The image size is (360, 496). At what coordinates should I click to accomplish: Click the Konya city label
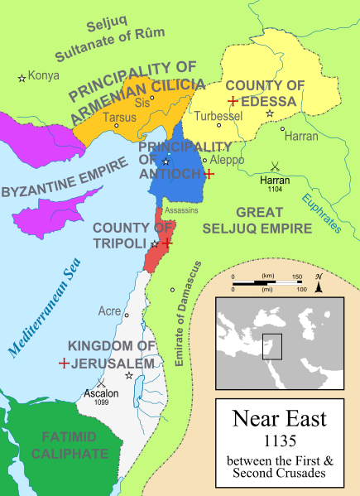point(44,76)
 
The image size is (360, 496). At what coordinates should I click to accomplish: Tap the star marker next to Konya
point(22,78)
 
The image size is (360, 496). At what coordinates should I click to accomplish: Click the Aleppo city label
point(227,158)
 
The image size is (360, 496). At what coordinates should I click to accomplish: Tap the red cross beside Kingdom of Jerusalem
point(64,363)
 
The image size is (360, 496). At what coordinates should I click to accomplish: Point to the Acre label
point(109,313)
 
